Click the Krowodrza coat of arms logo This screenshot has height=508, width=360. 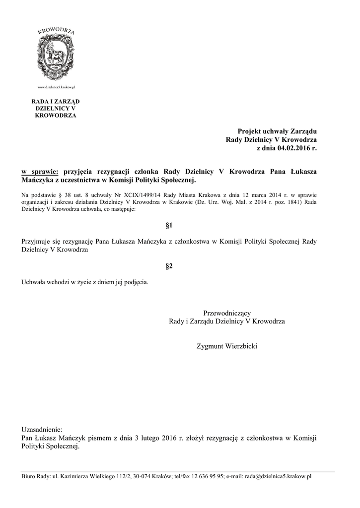(x=56, y=54)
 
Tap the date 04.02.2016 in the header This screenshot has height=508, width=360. (x=294, y=148)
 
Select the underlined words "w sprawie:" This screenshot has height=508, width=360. (x=40, y=171)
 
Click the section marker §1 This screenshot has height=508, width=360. (x=169, y=225)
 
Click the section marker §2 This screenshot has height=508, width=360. (x=169, y=266)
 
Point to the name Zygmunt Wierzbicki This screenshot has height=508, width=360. (x=227, y=345)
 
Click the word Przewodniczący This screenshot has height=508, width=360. (x=227, y=313)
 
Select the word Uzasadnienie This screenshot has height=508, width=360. (x=43, y=429)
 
